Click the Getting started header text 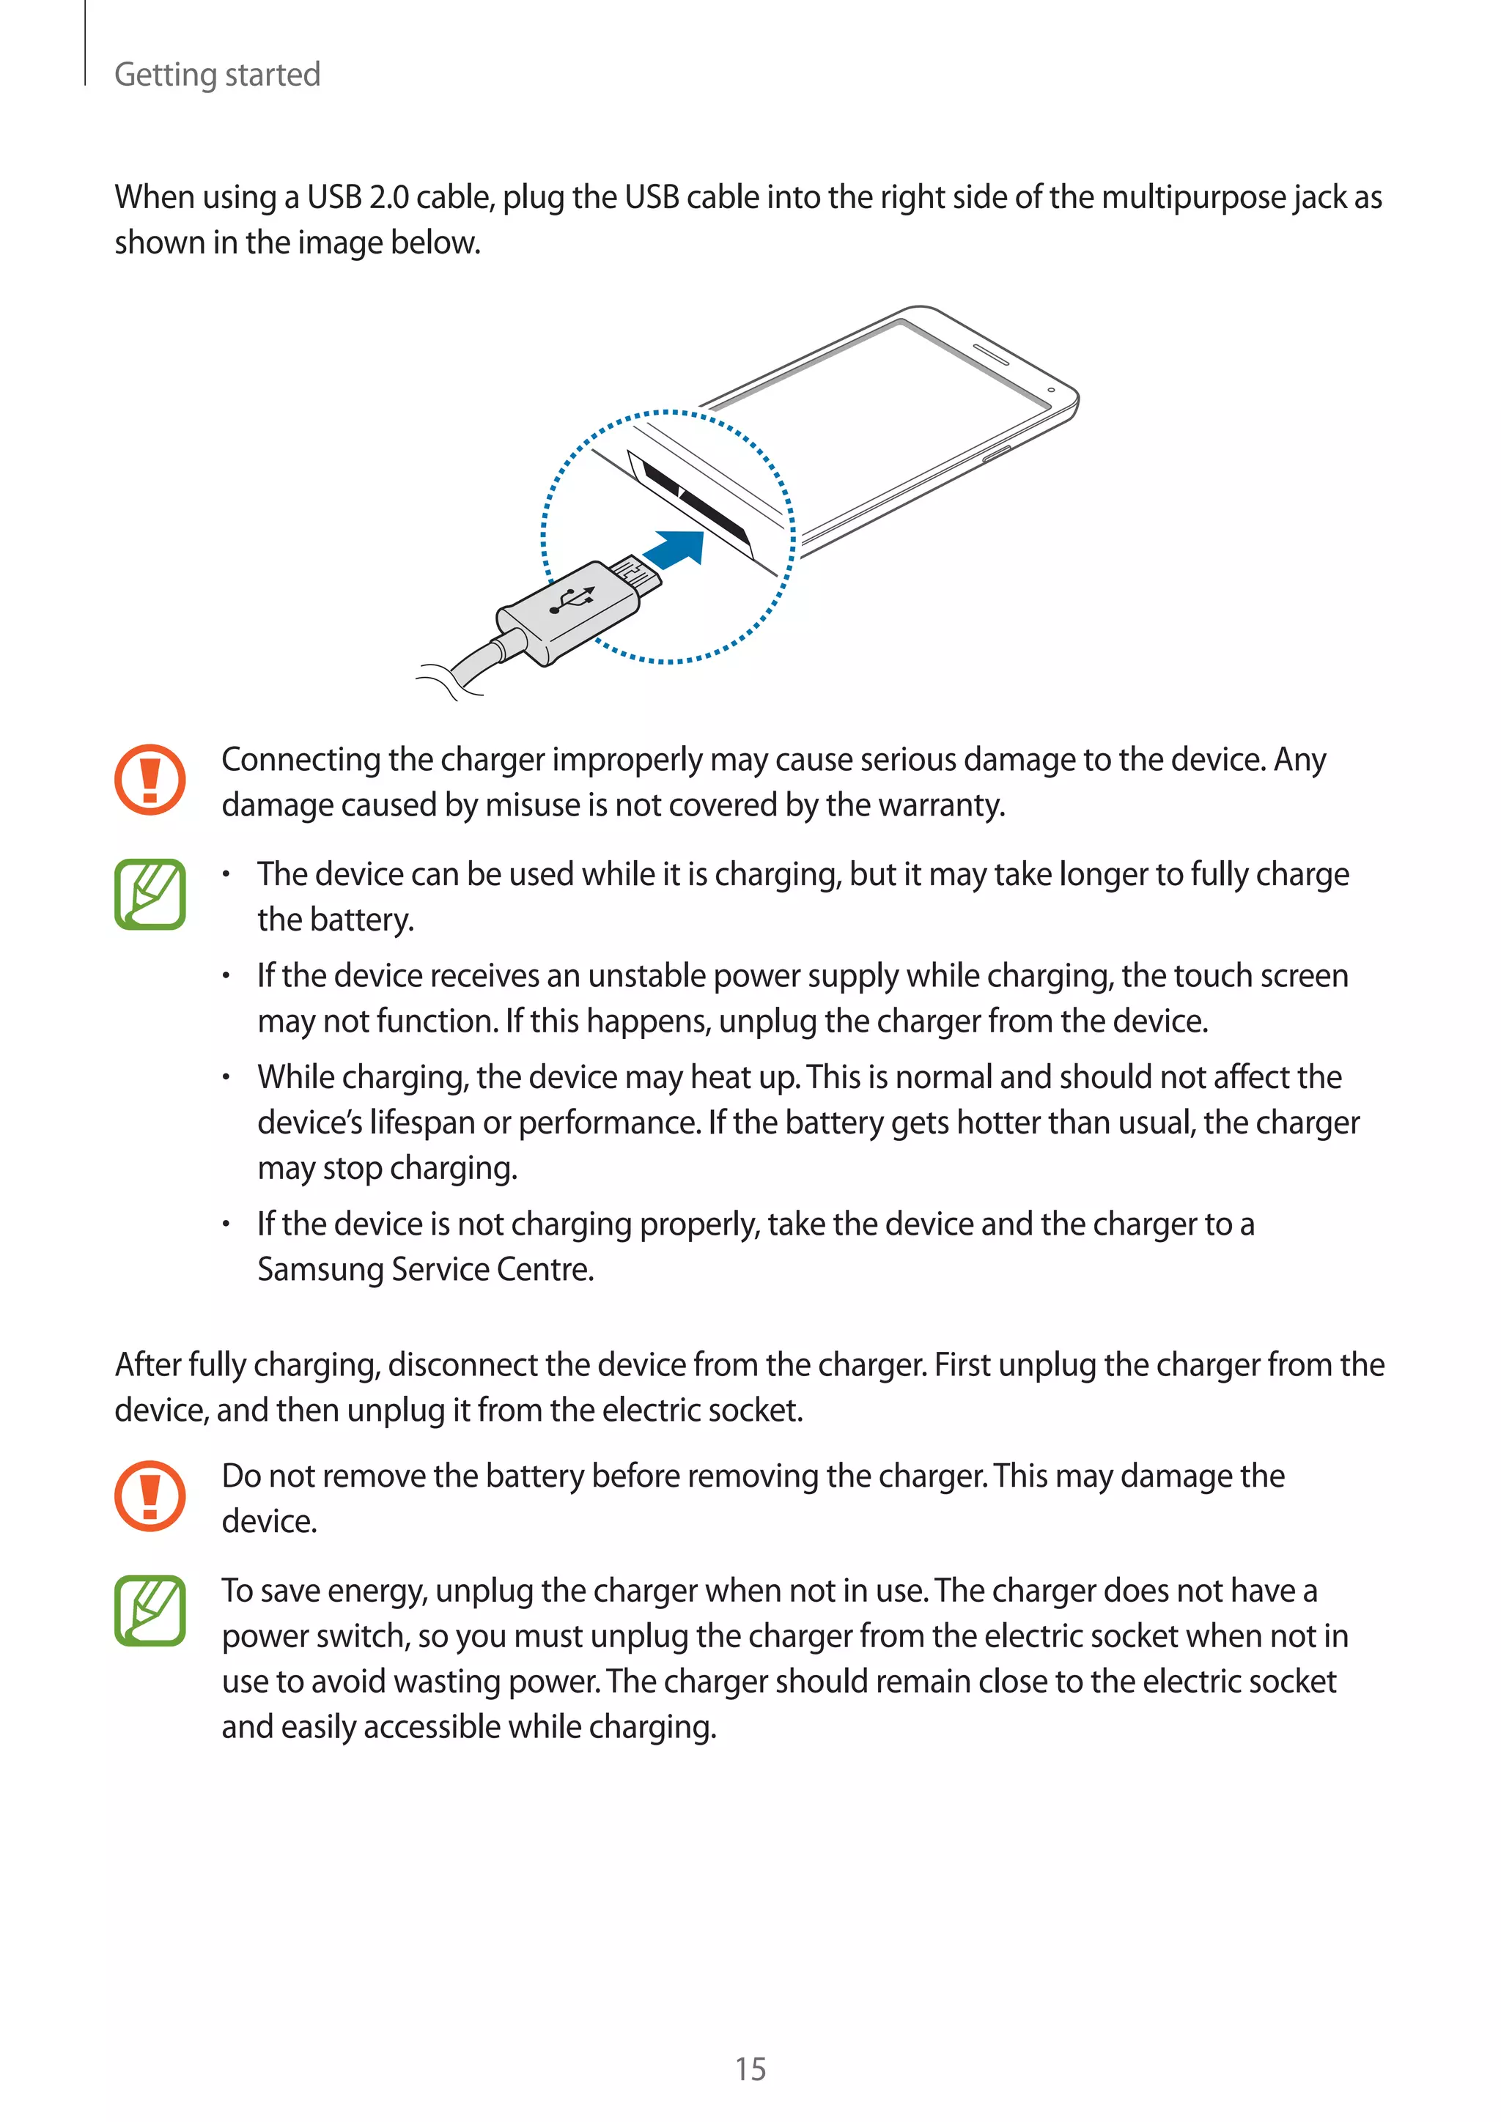point(217,74)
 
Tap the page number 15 point(750,2069)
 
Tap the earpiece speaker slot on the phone point(990,354)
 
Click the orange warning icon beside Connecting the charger point(150,779)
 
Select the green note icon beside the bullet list point(150,894)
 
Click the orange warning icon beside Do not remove point(150,1496)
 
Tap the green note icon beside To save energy point(150,1611)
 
